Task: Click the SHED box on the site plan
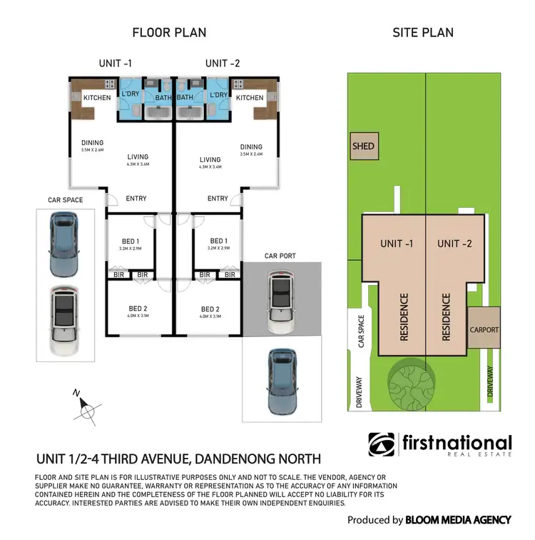pyautogui.click(x=363, y=146)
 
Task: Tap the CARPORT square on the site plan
pyautogui.click(x=484, y=329)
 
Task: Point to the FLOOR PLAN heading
pyautogui.click(x=169, y=32)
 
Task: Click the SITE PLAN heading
pyautogui.click(x=423, y=32)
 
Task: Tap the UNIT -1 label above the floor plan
pyautogui.click(x=115, y=64)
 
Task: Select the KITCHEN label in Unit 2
pyautogui.click(x=250, y=98)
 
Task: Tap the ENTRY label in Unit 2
pyautogui.click(x=218, y=199)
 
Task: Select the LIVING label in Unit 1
pyautogui.click(x=138, y=157)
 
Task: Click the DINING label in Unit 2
pyautogui.click(x=251, y=147)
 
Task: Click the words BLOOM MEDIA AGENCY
pyautogui.click(x=458, y=520)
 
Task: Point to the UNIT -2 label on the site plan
pyautogui.click(x=454, y=244)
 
